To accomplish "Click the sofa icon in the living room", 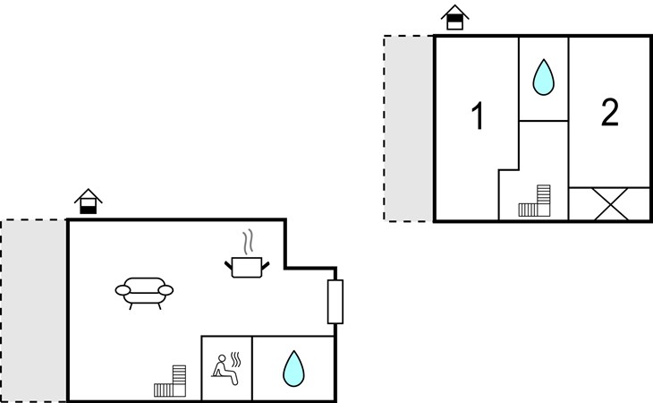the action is click(144, 293).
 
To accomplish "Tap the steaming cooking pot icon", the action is click(247, 253).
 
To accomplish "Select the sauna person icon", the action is click(226, 368).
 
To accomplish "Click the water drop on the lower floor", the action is click(293, 368).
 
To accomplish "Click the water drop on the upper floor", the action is click(544, 77).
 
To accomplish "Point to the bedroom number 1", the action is click(478, 116).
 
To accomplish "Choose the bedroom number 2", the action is click(610, 112).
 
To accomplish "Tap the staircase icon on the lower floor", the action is click(170, 381).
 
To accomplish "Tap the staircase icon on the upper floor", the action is click(535, 201).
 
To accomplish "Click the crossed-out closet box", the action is click(611, 204).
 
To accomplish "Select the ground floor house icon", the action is click(89, 201).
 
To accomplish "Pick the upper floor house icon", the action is click(454, 17).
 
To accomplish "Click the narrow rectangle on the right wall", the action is click(335, 302).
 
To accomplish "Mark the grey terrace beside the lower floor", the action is click(34, 311).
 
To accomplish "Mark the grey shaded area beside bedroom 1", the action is click(409, 128).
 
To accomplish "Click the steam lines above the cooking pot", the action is click(248, 242).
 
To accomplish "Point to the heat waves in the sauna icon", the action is click(236, 359).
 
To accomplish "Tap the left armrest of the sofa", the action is click(123, 290).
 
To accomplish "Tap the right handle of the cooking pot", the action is click(265, 265).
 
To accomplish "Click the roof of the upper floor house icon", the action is click(454, 11).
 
